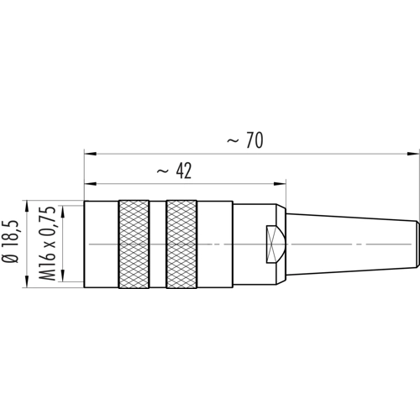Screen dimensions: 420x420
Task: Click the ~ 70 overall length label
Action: coord(245,140)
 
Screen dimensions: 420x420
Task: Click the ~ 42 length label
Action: coord(174,171)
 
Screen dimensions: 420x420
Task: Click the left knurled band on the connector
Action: coord(134,244)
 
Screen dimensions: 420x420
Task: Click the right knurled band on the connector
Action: coord(181,244)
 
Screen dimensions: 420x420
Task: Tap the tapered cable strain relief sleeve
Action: coord(353,244)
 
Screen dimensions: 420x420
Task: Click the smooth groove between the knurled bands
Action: coord(158,244)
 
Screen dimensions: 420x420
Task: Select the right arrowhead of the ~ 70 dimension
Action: coord(413,154)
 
